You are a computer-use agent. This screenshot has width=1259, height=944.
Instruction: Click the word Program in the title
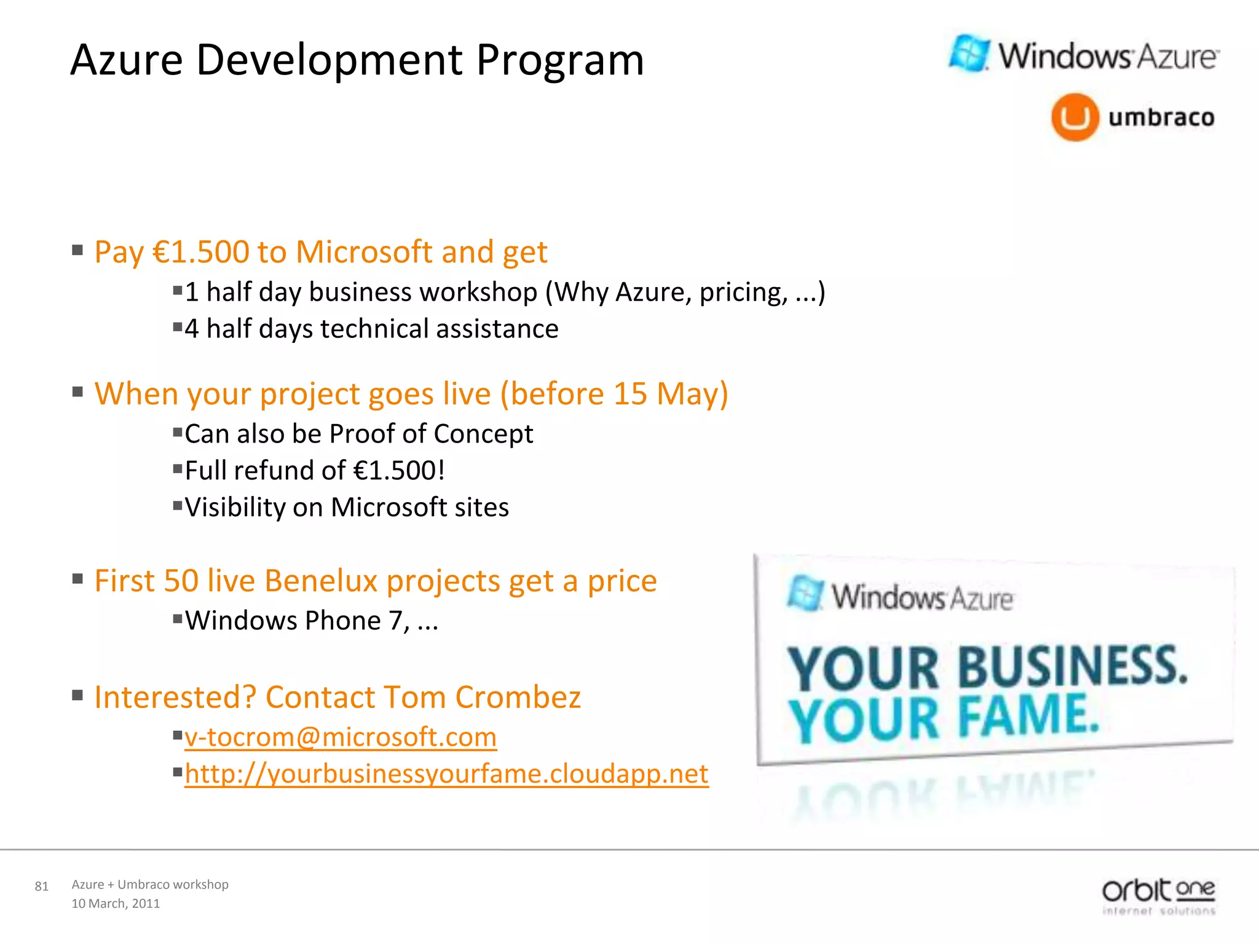pyautogui.click(x=560, y=60)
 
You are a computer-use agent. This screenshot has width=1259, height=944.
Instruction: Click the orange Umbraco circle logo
pyautogui.click(x=1075, y=117)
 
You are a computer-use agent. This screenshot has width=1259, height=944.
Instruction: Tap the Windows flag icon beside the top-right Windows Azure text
pyautogui.click(x=969, y=53)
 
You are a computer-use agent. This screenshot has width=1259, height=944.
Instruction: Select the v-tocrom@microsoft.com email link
pyautogui.click(x=341, y=737)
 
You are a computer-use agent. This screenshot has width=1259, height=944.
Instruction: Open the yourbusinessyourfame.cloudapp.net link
pyautogui.click(x=446, y=774)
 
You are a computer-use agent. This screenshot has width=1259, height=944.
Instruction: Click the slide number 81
pyautogui.click(x=41, y=886)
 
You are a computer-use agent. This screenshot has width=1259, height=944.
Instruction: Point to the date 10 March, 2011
pyautogui.click(x=116, y=903)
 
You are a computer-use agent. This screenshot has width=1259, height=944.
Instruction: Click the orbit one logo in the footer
pyautogui.click(x=1158, y=896)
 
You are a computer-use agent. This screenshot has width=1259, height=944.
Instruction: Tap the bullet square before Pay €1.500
pyautogui.click(x=77, y=250)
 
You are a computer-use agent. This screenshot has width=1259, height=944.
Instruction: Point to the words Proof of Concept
pyautogui.click(x=431, y=434)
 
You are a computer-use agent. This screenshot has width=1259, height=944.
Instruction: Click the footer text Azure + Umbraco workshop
pyautogui.click(x=150, y=884)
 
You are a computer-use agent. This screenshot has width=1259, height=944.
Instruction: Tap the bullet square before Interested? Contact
pyautogui.click(x=77, y=696)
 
